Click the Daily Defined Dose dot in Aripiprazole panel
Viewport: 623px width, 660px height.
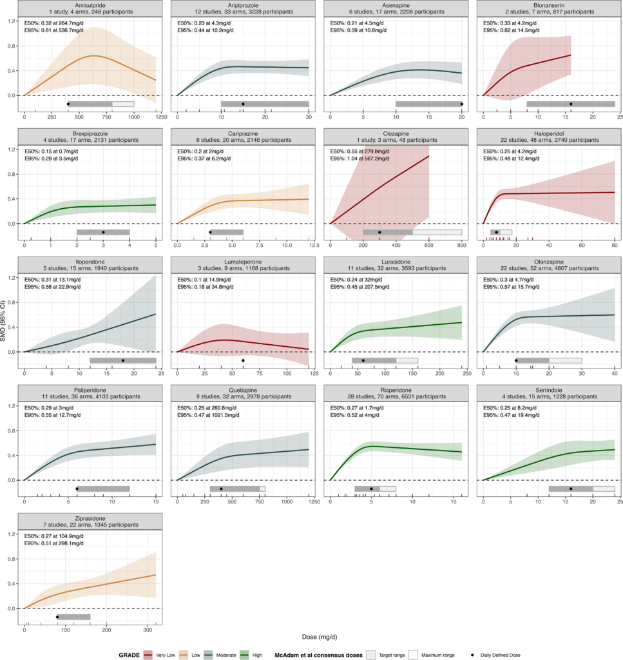coord(243,104)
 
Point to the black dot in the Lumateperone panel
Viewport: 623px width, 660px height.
coord(243,360)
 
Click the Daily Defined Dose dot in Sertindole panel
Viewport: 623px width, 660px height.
coord(571,489)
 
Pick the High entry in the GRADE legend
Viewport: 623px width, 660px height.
coord(257,655)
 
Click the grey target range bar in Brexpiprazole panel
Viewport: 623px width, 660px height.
coord(103,232)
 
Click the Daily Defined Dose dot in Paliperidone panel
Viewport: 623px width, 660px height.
coord(77,489)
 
